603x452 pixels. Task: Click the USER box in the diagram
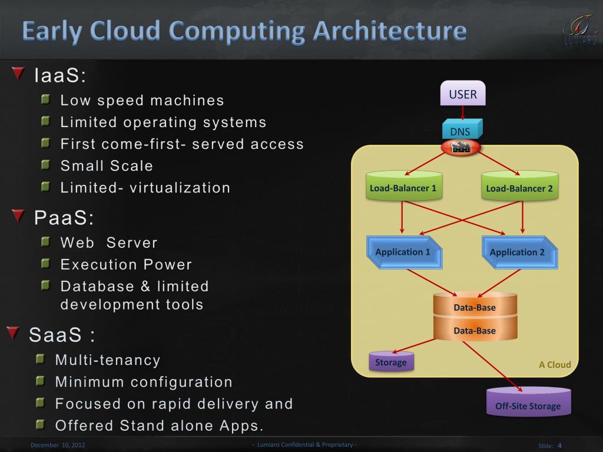[463, 94]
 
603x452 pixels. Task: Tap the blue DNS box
[461, 130]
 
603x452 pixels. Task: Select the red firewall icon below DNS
[460, 147]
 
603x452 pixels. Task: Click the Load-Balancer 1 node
[403, 187]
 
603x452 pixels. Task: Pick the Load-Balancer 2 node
[519, 187]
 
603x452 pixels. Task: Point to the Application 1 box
[403, 252]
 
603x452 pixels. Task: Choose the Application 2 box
[518, 252]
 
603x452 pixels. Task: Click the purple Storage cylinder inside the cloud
[391, 362]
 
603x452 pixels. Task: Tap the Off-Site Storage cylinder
[528, 404]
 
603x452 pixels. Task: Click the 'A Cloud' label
[554, 364]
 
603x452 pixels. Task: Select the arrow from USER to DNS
[463, 112]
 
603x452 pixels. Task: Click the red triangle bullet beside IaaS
[19, 74]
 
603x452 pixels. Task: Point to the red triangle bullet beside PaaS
[19, 217]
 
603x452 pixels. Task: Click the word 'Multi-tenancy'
[108, 360]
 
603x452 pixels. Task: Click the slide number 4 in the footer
[559, 446]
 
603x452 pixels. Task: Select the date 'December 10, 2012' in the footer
[58, 445]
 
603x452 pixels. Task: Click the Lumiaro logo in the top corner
[580, 29]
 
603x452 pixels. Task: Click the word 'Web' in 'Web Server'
[77, 242]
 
